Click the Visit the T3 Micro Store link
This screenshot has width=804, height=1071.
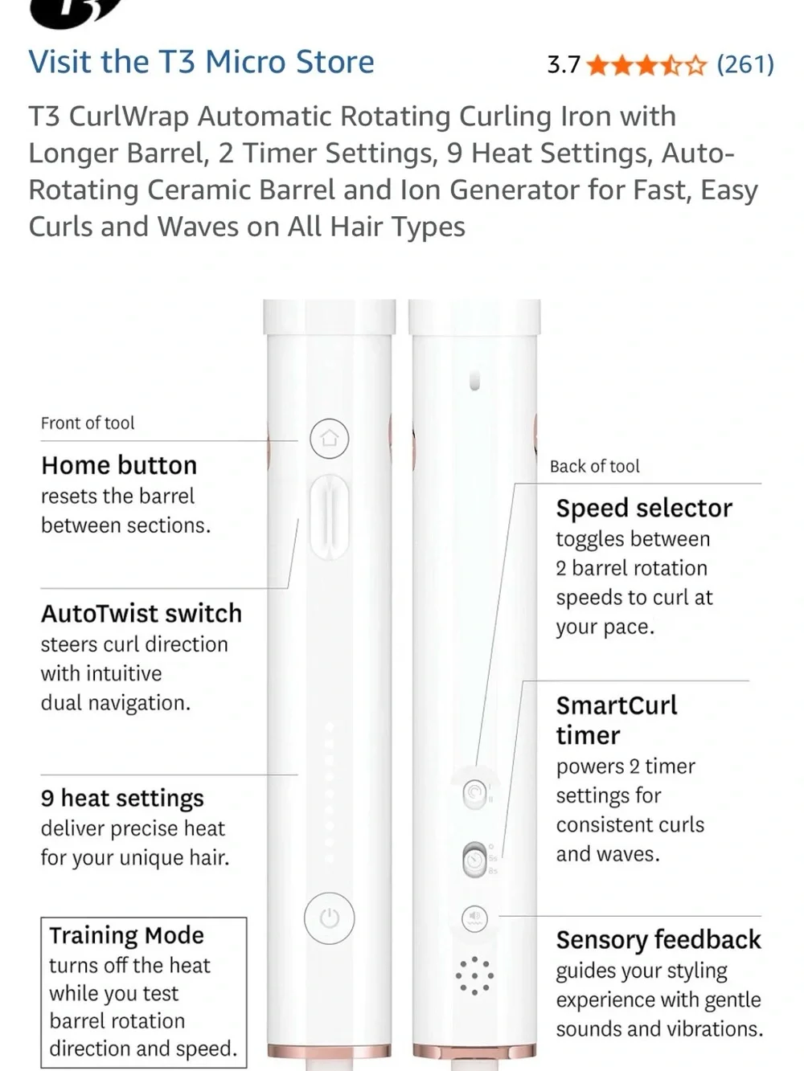point(201,62)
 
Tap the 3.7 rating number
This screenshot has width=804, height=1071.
point(564,65)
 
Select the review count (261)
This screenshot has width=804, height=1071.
point(745,65)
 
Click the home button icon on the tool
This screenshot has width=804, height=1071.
point(330,438)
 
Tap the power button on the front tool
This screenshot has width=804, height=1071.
point(329,918)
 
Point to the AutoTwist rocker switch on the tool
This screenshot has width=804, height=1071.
point(330,517)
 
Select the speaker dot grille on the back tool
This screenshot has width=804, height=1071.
point(474,975)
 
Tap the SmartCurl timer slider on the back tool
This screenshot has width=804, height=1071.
point(474,859)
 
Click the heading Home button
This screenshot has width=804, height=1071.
point(119,465)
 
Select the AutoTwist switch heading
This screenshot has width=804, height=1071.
point(142,613)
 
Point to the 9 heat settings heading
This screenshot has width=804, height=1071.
point(122,799)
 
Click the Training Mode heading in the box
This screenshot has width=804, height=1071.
point(126,935)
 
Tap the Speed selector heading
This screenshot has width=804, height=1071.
point(644,509)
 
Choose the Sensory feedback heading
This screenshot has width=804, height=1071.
point(658,939)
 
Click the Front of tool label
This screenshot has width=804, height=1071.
point(88,423)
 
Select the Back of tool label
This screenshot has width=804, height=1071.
point(595,467)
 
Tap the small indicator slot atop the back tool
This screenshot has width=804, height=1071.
point(474,381)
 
